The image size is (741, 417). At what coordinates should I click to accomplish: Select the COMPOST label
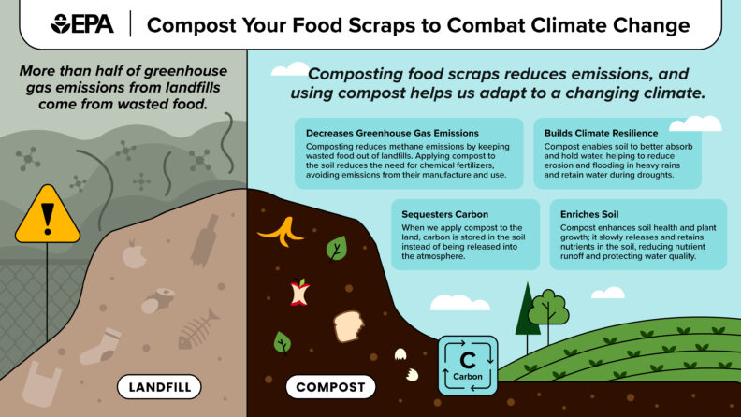click(329, 385)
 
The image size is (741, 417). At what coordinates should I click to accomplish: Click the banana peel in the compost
click(278, 231)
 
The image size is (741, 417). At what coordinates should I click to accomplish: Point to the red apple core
click(299, 292)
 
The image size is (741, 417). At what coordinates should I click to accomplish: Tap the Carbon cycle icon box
click(468, 366)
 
